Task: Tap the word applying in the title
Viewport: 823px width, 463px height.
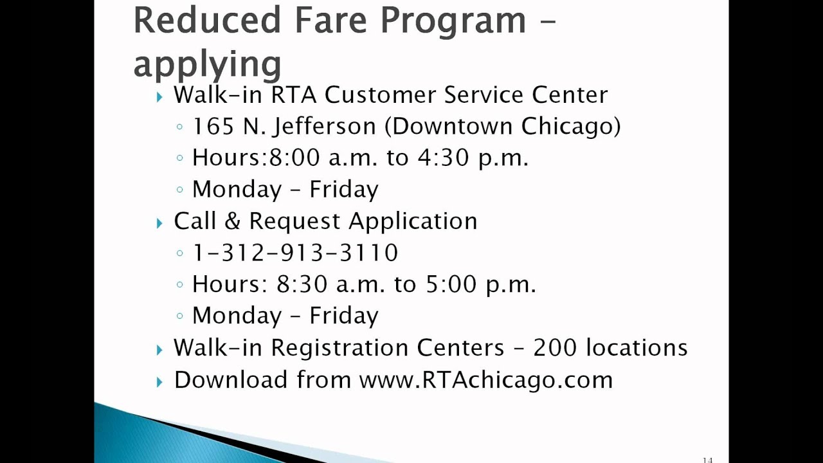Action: pyautogui.click(x=207, y=64)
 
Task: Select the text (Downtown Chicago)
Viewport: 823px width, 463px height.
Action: pyautogui.click(x=502, y=126)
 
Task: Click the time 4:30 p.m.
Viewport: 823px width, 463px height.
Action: pyautogui.click(x=473, y=158)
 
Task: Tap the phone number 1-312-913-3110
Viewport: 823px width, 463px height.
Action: pyautogui.click(x=295, y=253)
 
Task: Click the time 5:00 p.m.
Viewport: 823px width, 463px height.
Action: pyautogui.click(x=480, y=284)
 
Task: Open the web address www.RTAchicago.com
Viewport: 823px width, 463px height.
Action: pyautogui.click(x=485, y=379)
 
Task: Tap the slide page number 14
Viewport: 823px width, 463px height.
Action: pyautogui.click(x=707, y=459)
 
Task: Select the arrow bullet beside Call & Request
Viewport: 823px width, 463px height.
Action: pyautogui.click(x=159, y=223)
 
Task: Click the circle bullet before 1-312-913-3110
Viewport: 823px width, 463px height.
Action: pyautogui.click(x=180, y=253)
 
